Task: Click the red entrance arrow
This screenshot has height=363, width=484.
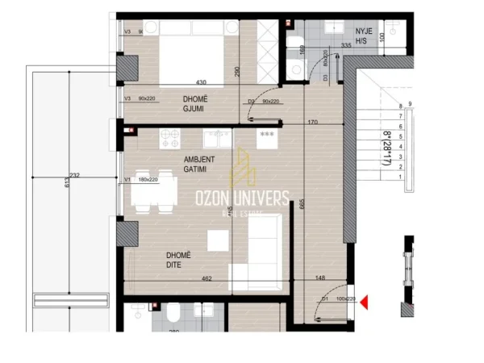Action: pos(364,302)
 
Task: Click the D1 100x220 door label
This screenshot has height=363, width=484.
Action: pos(335,299)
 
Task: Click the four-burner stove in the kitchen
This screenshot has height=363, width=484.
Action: pos(169,138)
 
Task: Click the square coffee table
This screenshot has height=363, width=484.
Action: pos(218,240)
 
